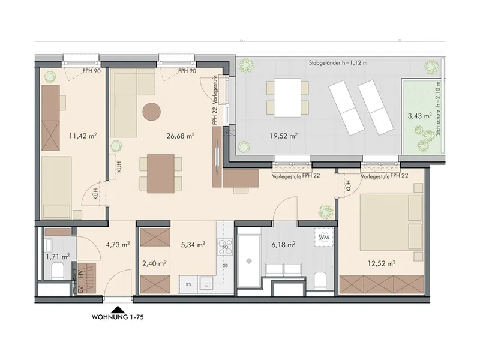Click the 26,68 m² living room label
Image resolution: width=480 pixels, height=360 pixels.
[x=181, y=136]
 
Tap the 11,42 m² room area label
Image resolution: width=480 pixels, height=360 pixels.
[x=83, y=136]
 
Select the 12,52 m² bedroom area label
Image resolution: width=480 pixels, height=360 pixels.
[x=382, y=263]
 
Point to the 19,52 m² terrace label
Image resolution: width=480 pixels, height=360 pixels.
[x=284, y=136]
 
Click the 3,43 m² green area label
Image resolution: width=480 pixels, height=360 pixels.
[x=419, y=116]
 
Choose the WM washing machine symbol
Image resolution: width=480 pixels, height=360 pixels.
[x=324, y=237]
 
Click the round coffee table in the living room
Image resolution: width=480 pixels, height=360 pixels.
[x=152, y=112]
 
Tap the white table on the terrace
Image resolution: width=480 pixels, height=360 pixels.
[x=287, y=98]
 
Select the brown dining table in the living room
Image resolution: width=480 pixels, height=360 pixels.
[x=161, y=173]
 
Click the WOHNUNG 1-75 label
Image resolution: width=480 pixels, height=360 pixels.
[x=118, y=317]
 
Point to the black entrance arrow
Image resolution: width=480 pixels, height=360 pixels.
[x=118, y=309]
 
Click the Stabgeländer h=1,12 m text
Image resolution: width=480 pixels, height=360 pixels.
[x=338, y=63]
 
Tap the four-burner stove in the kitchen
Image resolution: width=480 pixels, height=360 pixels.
[x=226, y=247]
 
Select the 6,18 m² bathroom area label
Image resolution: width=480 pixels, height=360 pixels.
[x=283, y=245]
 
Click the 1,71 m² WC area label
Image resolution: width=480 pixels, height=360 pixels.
[x=57, y=256]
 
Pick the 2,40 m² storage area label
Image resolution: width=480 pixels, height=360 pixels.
[x=154, y=263]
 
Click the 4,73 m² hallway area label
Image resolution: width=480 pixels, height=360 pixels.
[x=118, y=245]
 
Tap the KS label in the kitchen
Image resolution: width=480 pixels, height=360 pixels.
[x=188, y=284]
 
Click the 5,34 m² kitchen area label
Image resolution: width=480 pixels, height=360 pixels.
[x=193, y=245]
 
